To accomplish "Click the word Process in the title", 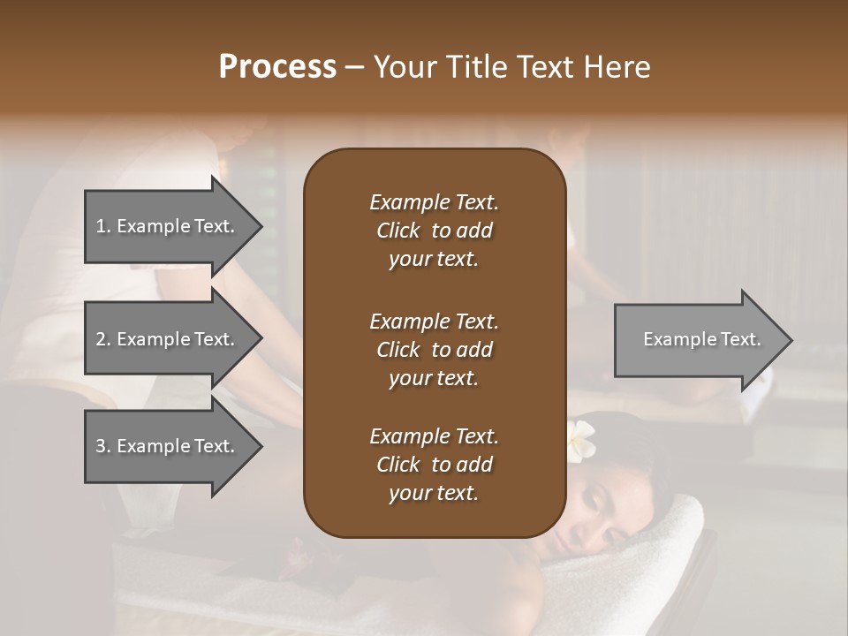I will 277,67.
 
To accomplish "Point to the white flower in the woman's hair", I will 580,435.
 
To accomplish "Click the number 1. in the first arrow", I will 102,226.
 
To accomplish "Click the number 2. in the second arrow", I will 102,339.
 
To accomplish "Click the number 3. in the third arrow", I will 102,446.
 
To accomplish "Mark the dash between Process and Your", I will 355,67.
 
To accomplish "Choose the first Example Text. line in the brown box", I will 434,202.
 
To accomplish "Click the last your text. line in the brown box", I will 434,493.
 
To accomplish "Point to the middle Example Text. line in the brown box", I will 434,321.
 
